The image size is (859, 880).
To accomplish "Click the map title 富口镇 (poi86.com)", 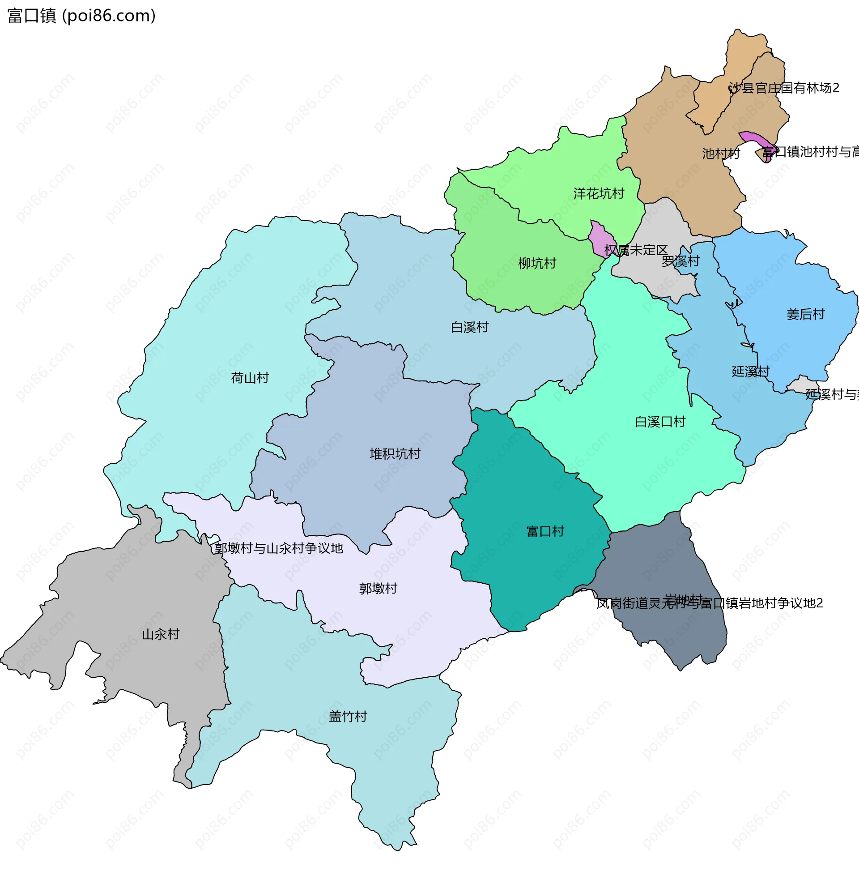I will (x=81, y=16).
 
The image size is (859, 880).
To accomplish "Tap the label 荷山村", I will (x=250, y=378).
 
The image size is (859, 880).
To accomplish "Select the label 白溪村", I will (x=470, y=327).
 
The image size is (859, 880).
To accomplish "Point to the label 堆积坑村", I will (x=395, y=453).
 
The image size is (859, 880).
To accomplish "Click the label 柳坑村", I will (x=537, y=263).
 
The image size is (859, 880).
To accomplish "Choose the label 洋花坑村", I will (x=598, y=194).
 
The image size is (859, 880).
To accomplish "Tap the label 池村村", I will (x=720, y=154).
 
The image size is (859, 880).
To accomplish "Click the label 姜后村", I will (x=805, y=314).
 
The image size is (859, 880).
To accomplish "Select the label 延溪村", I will (x=750, y=372).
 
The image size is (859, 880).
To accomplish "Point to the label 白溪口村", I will (x=659, y=422).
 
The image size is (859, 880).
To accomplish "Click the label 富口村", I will (x=545, y=531).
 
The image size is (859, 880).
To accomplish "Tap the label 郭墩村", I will (x=378, y=589).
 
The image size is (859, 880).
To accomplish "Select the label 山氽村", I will (x=161, y=635).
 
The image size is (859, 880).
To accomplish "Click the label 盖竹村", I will (x=348, y=717).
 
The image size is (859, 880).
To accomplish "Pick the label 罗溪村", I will (x=680, y=261).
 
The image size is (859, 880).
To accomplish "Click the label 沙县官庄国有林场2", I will (x=784, y=88).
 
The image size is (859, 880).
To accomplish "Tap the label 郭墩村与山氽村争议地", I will (x=279, y=548).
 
